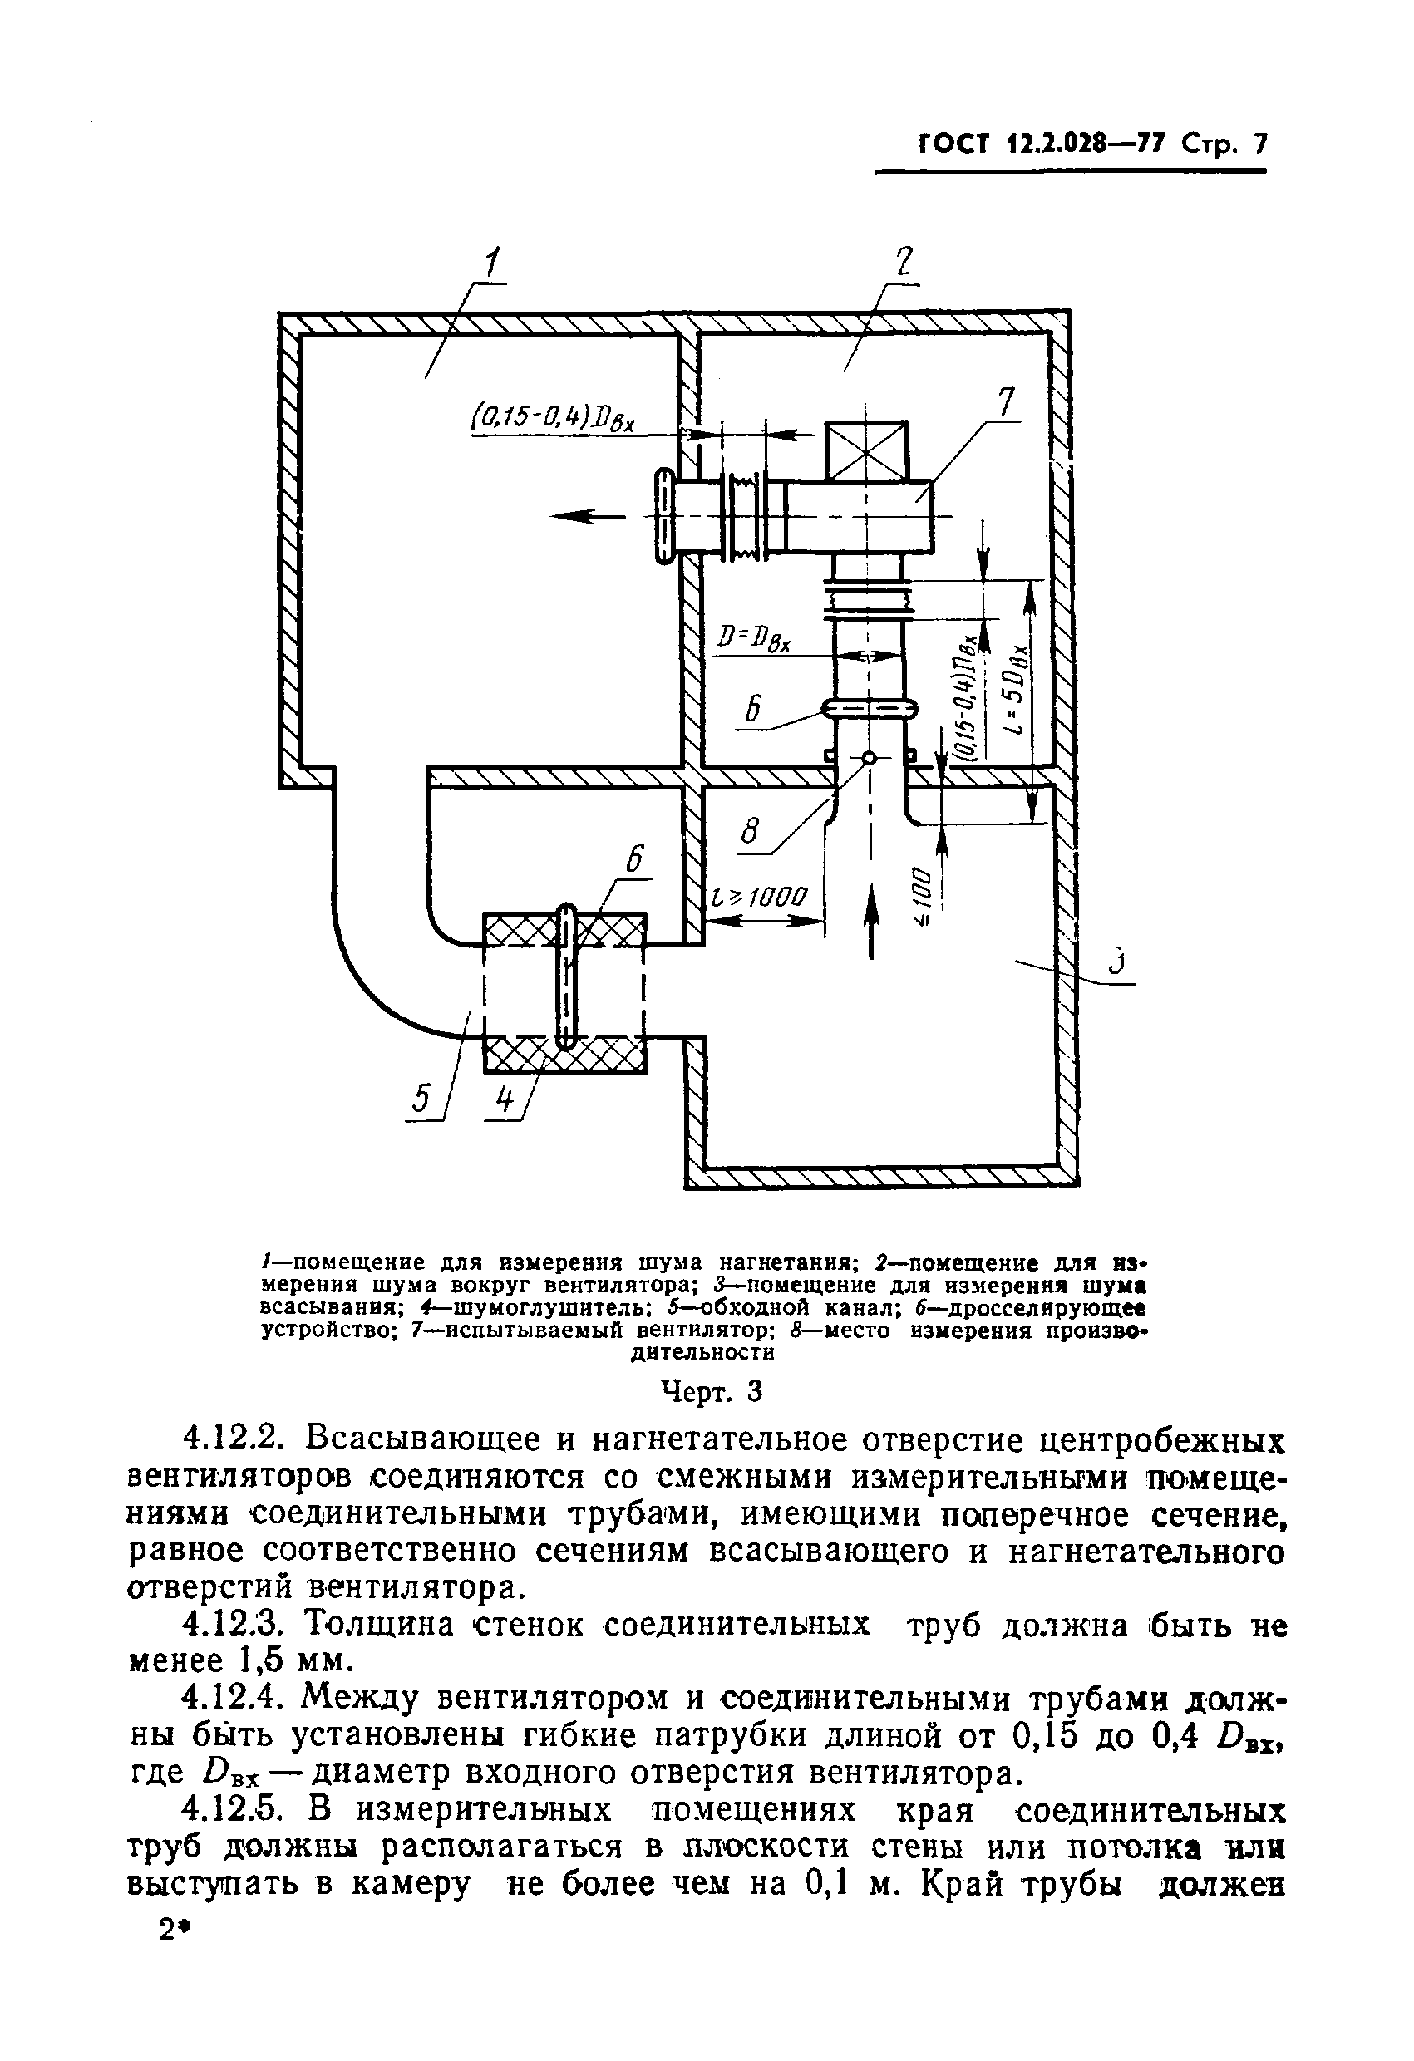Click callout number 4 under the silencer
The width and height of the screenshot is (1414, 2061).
tap(504, 1099)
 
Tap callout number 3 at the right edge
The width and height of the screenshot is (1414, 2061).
tap(1118, 961)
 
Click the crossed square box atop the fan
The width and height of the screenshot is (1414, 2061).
tap(867, 450)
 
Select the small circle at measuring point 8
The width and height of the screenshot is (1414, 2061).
tap(869, 759)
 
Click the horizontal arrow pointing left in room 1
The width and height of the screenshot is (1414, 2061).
tap(581, 515)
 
